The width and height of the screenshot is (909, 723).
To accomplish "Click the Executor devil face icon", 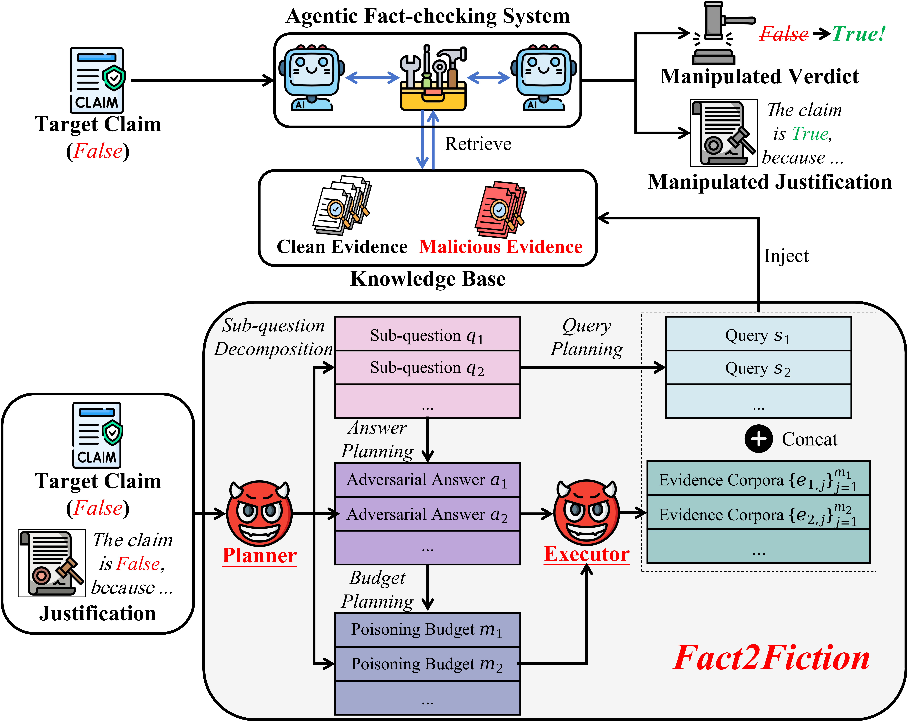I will click(x=586, y=512).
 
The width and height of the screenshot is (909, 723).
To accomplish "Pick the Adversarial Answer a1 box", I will click(x=427, y=480).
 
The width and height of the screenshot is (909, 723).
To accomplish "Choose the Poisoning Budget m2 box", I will click(x=427, y=664).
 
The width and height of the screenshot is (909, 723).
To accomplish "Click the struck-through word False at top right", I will click(x=783, y=34).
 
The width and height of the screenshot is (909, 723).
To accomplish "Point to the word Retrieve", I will click(x=478, y=144).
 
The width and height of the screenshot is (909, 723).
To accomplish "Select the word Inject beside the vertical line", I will click(x=786, y=256).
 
